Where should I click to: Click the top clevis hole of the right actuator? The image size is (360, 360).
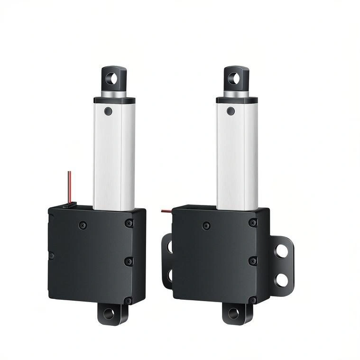[233, 78]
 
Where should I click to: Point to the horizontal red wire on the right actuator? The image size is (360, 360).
[166, 210]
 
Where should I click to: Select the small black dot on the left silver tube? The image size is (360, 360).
[108, 111]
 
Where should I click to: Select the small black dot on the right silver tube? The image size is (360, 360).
[231, 111]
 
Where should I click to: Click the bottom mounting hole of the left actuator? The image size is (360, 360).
[109, 314]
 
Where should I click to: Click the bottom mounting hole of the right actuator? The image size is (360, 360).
[233, 313]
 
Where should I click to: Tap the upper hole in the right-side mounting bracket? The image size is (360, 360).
[282, 250]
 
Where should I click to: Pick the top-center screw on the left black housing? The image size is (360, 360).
[83, 225]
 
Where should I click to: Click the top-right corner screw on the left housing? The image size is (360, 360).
[129, 222]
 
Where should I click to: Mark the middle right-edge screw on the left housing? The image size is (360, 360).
[128, 261]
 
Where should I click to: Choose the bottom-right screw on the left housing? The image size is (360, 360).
[128, 300]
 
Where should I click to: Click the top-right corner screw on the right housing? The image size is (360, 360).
[253, 222]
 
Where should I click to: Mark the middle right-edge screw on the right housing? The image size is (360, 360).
[253, 261]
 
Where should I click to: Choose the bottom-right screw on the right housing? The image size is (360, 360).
[252, 300]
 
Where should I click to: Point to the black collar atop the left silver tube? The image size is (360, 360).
[114, 100]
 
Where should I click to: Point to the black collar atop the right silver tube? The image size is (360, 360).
[237, 100]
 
